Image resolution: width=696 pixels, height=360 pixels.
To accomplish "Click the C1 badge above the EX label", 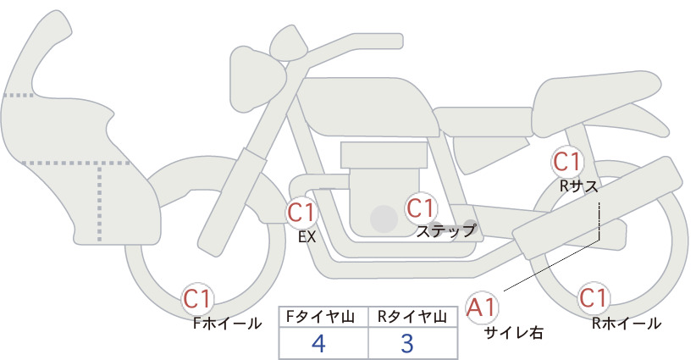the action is pyautogui.click(x=302, y=213).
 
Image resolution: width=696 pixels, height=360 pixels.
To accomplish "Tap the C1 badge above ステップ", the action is pyautogui.click(x=421, y=208).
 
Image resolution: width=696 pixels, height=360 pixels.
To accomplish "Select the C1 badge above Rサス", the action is pyautogui.click(x=567, y=162).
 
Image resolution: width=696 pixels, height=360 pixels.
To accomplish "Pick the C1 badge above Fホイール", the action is pyautogui.click(x=198, y=299).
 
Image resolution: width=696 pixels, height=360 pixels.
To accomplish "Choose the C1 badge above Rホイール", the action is pyautogui.click(x=594, y=298).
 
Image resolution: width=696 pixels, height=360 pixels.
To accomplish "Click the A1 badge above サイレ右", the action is pyautogui.click(x=482, y=307).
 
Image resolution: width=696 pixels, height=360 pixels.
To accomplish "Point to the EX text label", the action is pyautogui.click(x=307, y=237).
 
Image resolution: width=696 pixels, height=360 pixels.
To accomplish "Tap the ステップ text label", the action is pyautogui.click(x=446, y=231).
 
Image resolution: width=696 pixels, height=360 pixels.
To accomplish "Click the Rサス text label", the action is pyautogui.click(x=578, y=187).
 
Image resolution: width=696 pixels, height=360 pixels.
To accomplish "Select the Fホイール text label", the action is pyautogui.click(x=227, y=324).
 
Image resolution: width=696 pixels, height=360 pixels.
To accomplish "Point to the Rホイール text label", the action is pyautogui.click(x=627, y=324).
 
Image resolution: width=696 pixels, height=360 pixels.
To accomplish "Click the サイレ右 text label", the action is pyautogui.click(x=514, y=333).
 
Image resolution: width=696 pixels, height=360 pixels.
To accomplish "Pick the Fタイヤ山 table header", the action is pyautogui.click(x=320, y=317).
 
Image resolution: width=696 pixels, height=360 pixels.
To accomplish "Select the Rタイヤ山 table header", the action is pyautogui.click(x=412, y=317).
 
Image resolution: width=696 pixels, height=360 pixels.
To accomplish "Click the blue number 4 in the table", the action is pyautogui.click(x=318, y=343).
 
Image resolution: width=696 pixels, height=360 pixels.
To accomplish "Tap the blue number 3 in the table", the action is pyautogui.click(x=407, y=343).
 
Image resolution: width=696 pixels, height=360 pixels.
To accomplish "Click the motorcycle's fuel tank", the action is pyautogui.click(x=368, y=107).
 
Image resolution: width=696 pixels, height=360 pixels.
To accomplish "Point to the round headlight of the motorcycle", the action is pyautogui.click(x=257, y=79).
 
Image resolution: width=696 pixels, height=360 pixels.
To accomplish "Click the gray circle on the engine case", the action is pyautogui.click(x=384, y=219).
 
